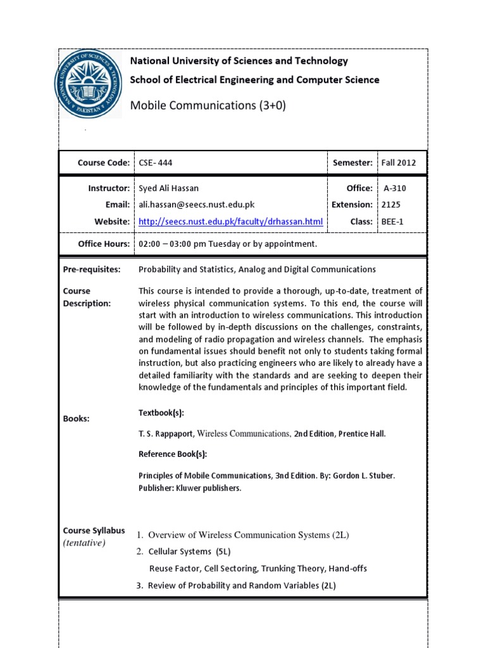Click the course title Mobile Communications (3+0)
click(x=208, y=106)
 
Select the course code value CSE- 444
click(x=156, y=163)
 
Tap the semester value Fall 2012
click(x=399, y=163)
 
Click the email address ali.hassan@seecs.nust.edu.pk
click(x=197, y=204)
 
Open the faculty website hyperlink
click(x=230, y=221)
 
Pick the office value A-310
click(x=395, y=189)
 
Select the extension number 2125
click(x=391, y=204)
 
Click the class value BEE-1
click(x=392, y=221)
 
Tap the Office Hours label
click(x=104, y=244)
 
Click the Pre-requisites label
click(x=92, y=270)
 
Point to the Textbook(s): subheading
click(x=161, y=413)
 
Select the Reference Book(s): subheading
click(x=173, y=454)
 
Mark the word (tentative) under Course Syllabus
click(x=84, y=543)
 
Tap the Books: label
click(x=77, y=419)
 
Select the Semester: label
click(x=352, y=163)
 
